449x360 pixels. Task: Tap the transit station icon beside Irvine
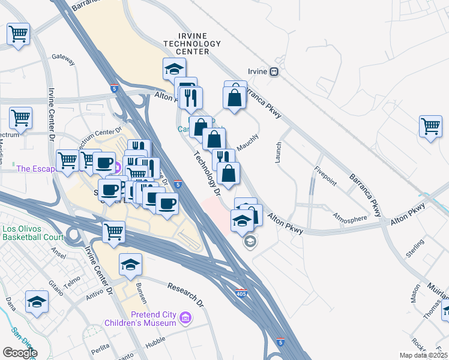click(274, 71)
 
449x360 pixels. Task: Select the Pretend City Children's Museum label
click(154, 319)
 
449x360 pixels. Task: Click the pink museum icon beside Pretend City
click(185, 316)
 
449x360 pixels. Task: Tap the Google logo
click(19, 353)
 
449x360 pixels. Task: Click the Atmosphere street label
click(350, 219)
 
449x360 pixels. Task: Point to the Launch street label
click(279, 153)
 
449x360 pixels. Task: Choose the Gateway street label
click(63, 59)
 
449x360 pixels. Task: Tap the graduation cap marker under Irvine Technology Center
click(173, 69)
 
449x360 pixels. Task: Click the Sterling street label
click(414, 248)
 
